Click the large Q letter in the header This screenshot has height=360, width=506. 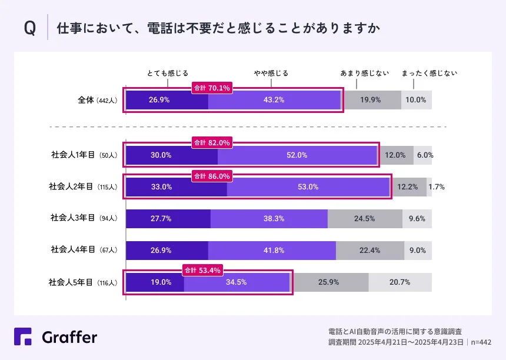29,28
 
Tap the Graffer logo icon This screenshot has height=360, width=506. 24,336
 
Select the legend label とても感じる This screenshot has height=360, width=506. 168,74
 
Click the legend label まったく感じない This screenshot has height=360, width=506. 429,74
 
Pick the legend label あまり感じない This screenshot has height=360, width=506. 365,74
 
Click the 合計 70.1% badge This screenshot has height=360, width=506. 212,88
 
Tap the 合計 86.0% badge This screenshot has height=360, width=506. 212,175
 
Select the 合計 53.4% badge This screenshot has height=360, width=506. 203,271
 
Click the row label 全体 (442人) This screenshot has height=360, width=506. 98,100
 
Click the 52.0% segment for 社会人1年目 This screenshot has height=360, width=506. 297,155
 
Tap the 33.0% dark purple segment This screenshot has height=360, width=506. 177,187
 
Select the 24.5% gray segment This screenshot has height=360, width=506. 365,218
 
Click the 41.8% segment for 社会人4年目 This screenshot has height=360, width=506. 272,250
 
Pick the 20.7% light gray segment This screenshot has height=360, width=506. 400,282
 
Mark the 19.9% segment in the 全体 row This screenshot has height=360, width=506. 371,100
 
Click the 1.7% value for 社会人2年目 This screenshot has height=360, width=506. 436,187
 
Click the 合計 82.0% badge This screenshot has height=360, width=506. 212,142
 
